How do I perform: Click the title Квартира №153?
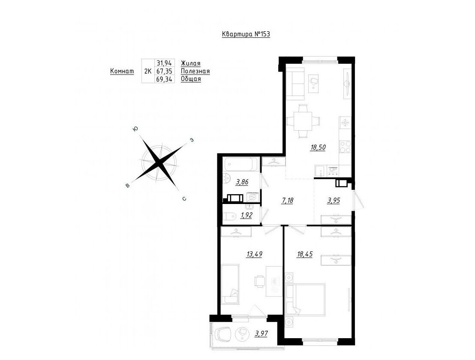click(x=246, y=34)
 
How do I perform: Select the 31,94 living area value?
click(x=164, y=63)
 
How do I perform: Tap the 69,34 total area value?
click(x=164, y=79)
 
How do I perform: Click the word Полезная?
click(x=195, y=71)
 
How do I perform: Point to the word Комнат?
click(x=122, y=71)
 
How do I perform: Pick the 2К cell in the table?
click(x=148, y=72)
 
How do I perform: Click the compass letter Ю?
click(x=135, y=129)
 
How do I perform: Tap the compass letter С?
click(x=184, y=199)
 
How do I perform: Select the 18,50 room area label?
click(x=318, y=147)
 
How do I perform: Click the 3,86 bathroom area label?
click(x=242, y=182)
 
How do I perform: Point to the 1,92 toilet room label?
click(x=246, y=215)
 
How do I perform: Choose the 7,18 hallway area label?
click(x=288, y=200)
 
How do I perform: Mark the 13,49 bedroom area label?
click(x=254, y=254)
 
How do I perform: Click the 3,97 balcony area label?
click(x=262, y=333)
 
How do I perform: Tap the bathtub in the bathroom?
click(x=241, y=165)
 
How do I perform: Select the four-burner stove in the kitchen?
click(x=345, y=148)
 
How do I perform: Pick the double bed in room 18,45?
click(x=305, y=300)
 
